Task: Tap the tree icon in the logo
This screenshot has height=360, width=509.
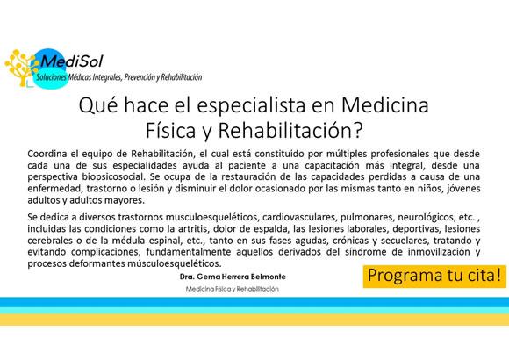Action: pos(22,66)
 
